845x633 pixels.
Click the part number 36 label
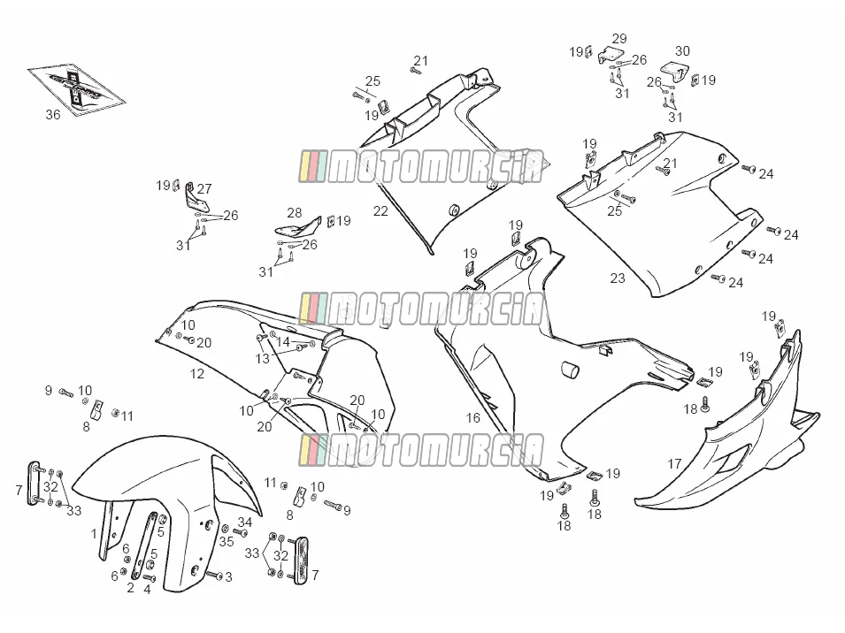pos(53,115)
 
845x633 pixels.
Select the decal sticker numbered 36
pos(76,88)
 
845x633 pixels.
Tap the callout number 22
pos(380,211)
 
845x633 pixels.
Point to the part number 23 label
pos(618,278)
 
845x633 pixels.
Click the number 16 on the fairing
pos(473,417)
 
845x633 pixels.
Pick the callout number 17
pos(674,463)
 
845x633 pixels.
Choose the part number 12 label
pos(197,374)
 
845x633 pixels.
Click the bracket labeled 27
pos(194,197)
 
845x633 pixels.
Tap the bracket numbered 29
pos(611,55)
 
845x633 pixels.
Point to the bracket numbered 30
pos(675,72)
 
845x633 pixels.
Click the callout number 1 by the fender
pos(95,534)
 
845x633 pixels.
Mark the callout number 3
pos(228,577)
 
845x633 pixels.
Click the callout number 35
pos(227,541)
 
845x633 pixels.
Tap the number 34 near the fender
pos(245,522)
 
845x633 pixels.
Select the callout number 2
pos(130,588)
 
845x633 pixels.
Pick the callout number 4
pos(147,590)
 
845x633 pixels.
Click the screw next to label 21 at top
pos(416,70)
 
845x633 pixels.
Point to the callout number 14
pos(283,341)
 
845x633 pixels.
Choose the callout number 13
pos(263,358)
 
